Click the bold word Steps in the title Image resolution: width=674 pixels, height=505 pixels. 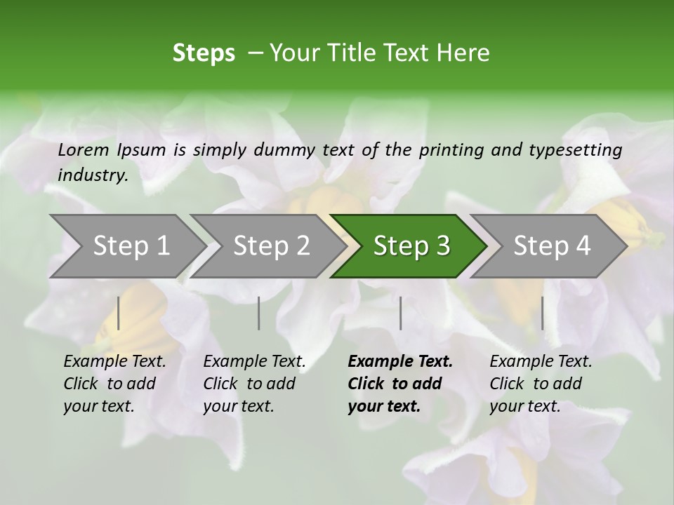click(x=204, y=53)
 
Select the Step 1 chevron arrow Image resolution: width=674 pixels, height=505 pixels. click(x=126, y=246)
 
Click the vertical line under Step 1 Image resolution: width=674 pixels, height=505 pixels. click(x=119, y=313)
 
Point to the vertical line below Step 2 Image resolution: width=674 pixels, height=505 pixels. click(x=259, y=313)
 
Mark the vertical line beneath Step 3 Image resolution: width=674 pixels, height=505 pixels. click(x=400, y=313)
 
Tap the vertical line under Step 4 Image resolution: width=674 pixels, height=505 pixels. click(x=542, y=313)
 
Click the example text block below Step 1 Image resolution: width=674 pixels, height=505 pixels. click(x=114, y=384)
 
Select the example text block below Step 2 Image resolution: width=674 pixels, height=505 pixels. click(x=254, y=384)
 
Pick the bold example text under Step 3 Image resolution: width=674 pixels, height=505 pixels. click(x=400, y=384)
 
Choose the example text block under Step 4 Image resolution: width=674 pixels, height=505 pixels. click(x=541, y=384)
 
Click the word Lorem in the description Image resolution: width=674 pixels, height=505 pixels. click(x=84, y=150)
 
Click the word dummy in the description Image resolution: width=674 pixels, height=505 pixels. click(x=285, y=150)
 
